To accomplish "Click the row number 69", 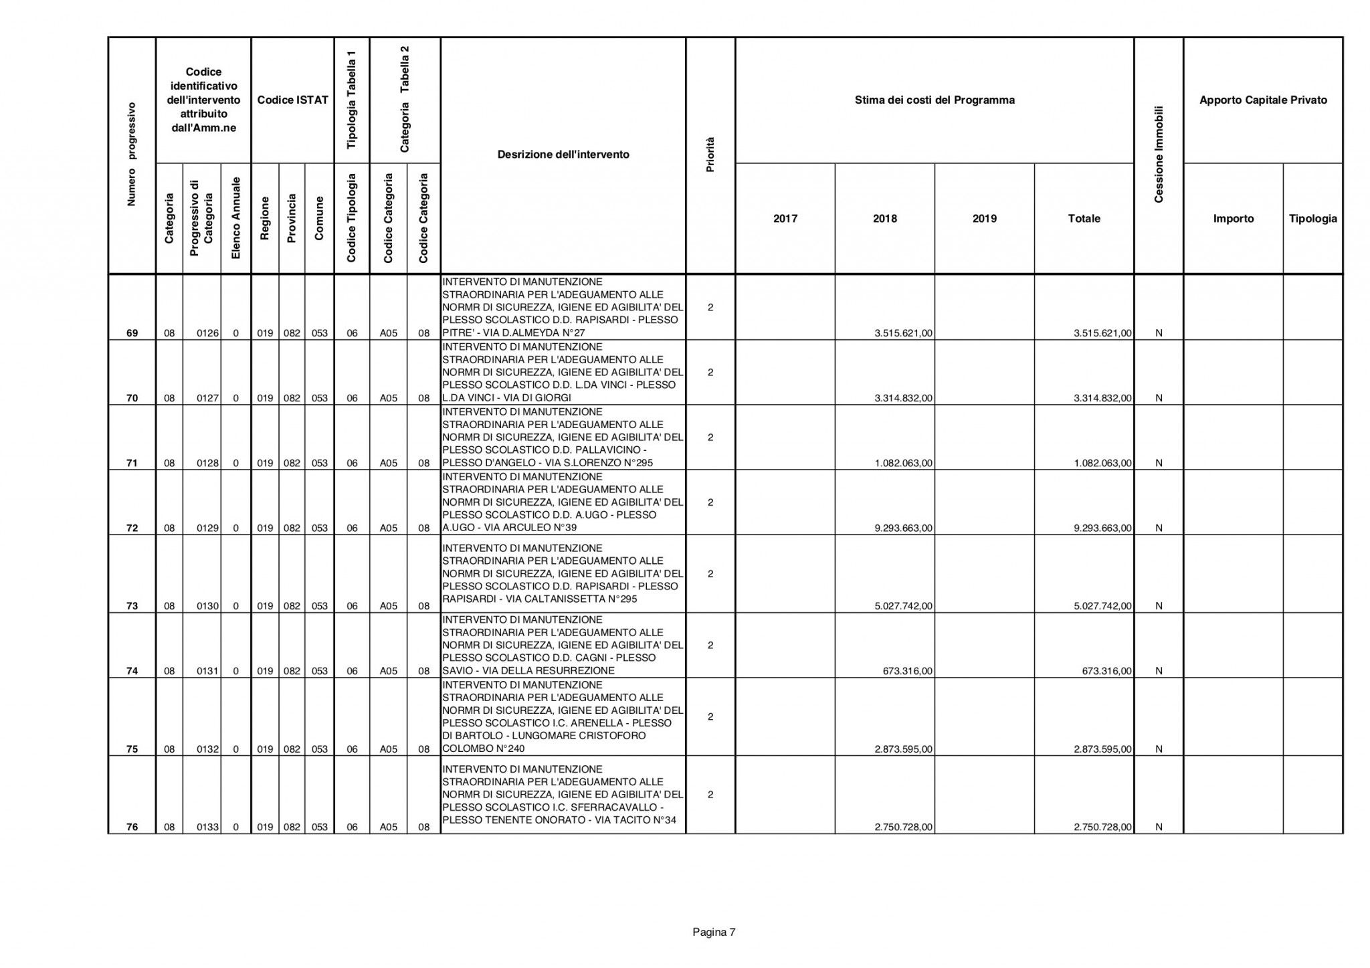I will [x=132, y=333].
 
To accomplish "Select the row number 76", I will [x=132, y=828].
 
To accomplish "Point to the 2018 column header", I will [x=884, y=219].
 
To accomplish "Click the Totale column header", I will [x=1084, y=219].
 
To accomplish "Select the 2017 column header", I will [x=785, y=219].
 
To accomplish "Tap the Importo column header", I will [x=1233, y=219].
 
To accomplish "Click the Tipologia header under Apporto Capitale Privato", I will [x=1312, y=219].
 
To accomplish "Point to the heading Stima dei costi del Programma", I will [x=934, y=100].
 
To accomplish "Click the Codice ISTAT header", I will [x=292, y=100].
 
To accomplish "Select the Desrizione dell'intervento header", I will [x=563, y=155].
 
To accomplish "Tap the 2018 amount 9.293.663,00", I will [x=903, y=528].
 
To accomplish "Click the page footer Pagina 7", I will [x=714, y=932].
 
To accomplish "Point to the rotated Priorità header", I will [x=710, y=155].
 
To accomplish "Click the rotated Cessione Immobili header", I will [x=1159, y=155].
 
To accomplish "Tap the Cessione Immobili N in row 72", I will [x=1159, y=528].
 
